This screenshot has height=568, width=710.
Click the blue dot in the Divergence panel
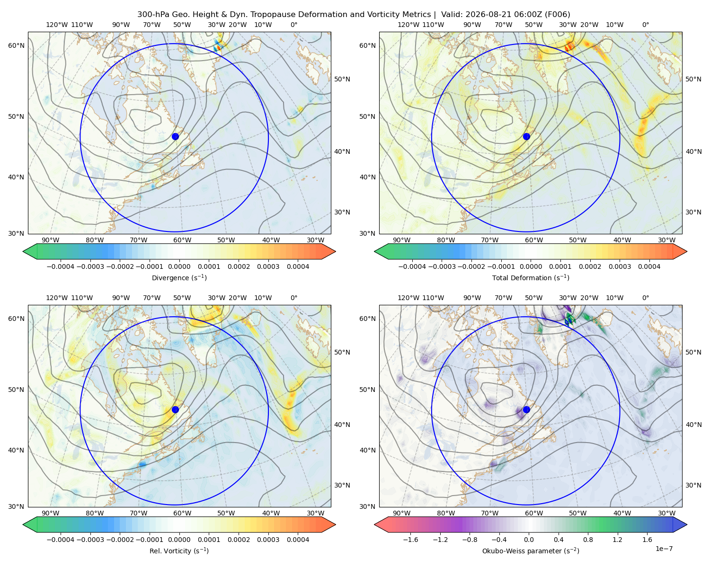pyautogui.click(x=175, y=136)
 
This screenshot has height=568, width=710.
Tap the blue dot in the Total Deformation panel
pyautogui.click(x=526, y=136)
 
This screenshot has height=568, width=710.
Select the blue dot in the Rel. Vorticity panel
pyautogui.click(x=175, y=409)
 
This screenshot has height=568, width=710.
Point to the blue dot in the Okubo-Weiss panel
pyautogui.click(x=526, y=409)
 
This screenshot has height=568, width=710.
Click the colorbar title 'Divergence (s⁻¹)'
pyautogui.click(x=179, y=278)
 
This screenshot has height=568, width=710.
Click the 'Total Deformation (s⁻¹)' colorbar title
pyautogui.click(x=531, y=278)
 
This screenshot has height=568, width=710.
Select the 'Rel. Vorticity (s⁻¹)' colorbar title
pyautogui.click(x=179, y=551)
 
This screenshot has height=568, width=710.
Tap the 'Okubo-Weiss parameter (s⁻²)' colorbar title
pyautogui.click(x=531, y=551)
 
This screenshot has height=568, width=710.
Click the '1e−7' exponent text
pyautogui.click(x=664, y=549)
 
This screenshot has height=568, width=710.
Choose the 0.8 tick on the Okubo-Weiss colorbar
pyautogui.click(x=588, y=540)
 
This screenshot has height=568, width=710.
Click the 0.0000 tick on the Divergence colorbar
pyautogui.click(x=179, y=266)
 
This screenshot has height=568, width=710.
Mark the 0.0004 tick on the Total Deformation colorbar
pyautogui.click(x=649, y=266)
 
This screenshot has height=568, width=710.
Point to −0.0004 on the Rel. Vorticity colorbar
pyautogui.click(x=61, y=540)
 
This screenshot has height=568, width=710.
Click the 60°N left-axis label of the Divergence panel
pyautogui.click(x=16, y=45)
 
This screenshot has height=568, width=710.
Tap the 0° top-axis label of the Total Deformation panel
pyautogui.click(x=646, y=25)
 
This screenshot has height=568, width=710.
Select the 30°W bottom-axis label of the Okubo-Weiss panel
pyautogui.click(x=667, y=513)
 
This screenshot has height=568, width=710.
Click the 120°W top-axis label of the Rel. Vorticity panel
pyautogui.click(x=57, y=298)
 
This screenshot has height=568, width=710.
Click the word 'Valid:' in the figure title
pyautogui.click(x=452, y=15)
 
